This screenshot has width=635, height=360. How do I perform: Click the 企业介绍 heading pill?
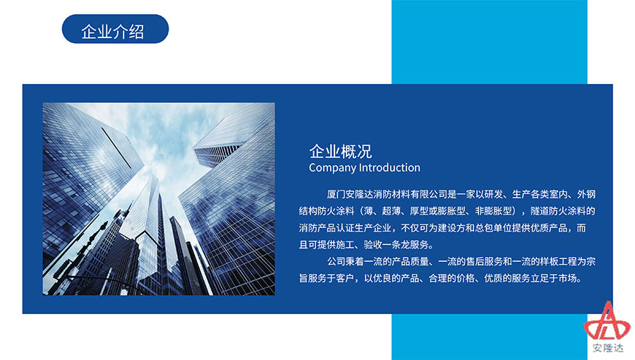click(x=115, y=29)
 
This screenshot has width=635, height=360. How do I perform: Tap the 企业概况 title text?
click(x=341, y=152)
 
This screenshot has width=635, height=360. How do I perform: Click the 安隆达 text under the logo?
click(x=608, y=348)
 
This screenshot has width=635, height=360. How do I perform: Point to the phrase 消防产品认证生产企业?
click(x=345, y=228)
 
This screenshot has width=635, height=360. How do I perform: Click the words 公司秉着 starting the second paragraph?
click(x=346, y=262)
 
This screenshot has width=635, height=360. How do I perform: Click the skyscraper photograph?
click(x=159, y=199)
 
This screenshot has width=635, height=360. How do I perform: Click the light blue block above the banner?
click(x=489, y=42)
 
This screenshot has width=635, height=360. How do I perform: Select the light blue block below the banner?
click(x=489, y=337)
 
